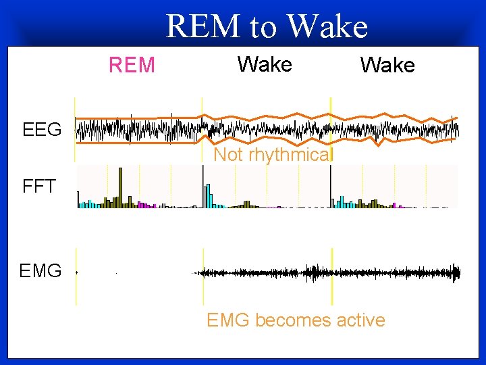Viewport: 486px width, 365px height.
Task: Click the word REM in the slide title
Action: click(x=202, y=27)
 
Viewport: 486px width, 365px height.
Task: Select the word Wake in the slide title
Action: click(x=327, y=27)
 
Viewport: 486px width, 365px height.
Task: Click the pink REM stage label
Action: click(x=132, y=66)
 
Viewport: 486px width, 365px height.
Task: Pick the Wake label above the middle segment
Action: click(x=265, y=65)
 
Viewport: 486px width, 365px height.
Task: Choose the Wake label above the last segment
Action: click(x=387, y=66)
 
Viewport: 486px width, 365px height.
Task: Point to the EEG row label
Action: click(x=42, y=129)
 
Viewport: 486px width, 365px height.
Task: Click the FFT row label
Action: click(x=38, y=187)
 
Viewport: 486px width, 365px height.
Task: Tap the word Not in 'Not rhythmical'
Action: click(x=228, y=155)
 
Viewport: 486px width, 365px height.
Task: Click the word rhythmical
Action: click(x=291, y=155)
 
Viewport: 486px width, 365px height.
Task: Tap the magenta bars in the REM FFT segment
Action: click(x=144, y=204)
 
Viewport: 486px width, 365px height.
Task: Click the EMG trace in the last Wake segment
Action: click(x=395, y=272)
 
